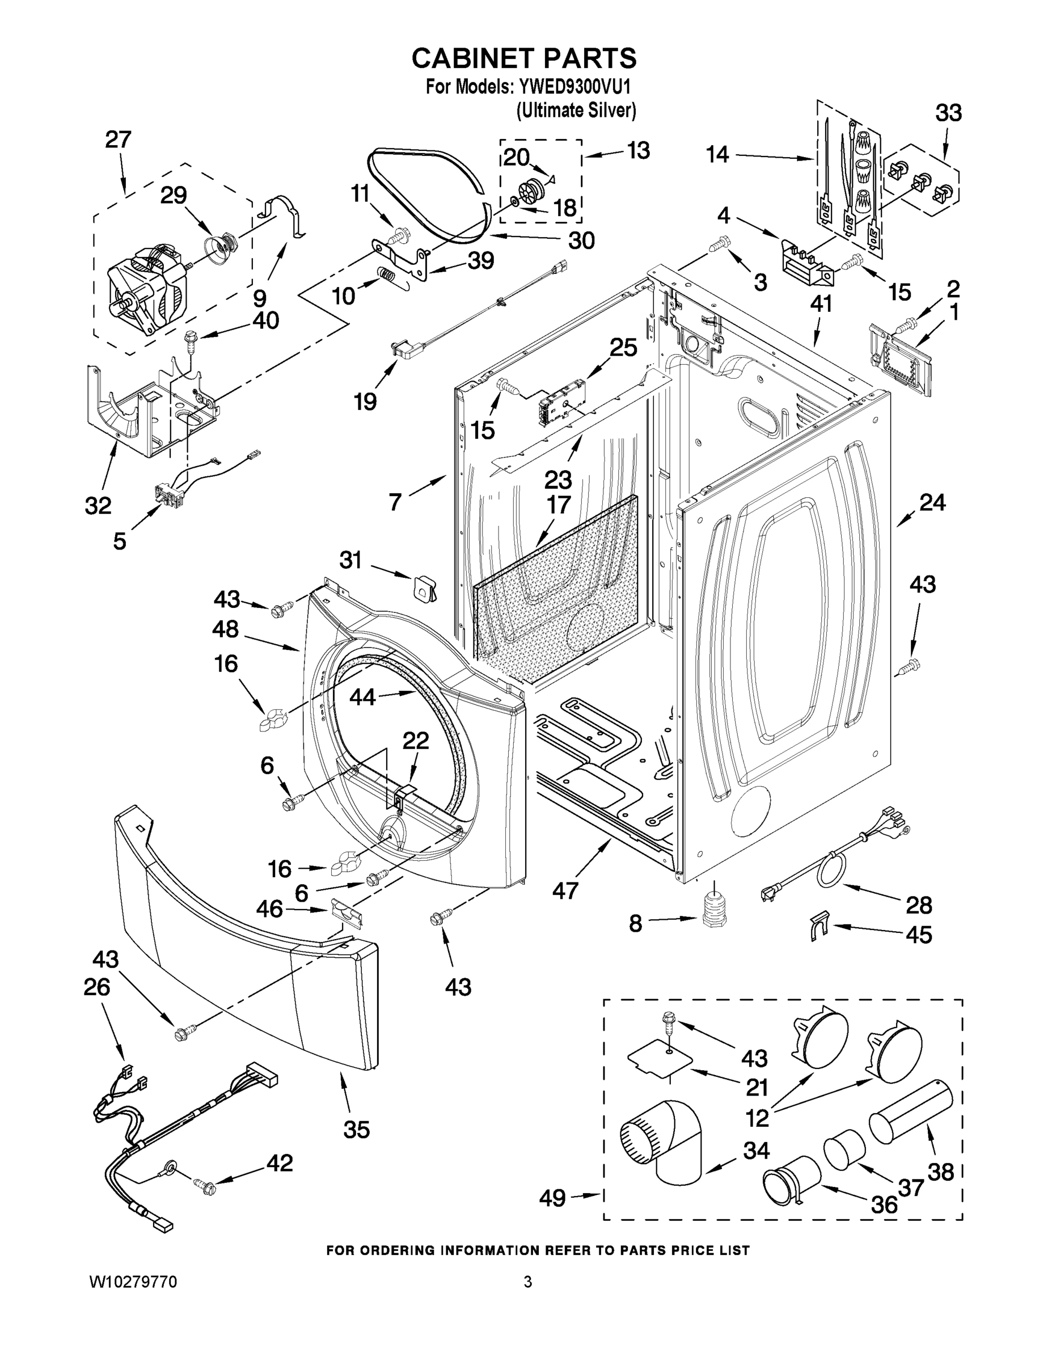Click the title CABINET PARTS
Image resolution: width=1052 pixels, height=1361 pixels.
pos(524,58)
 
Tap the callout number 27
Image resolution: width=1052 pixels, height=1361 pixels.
pos(118,139)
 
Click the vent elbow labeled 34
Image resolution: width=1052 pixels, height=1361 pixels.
pos(661,1144)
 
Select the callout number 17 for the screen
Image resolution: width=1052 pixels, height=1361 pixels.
pos(558,504)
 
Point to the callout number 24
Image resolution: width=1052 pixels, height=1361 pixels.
pos(932,502)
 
